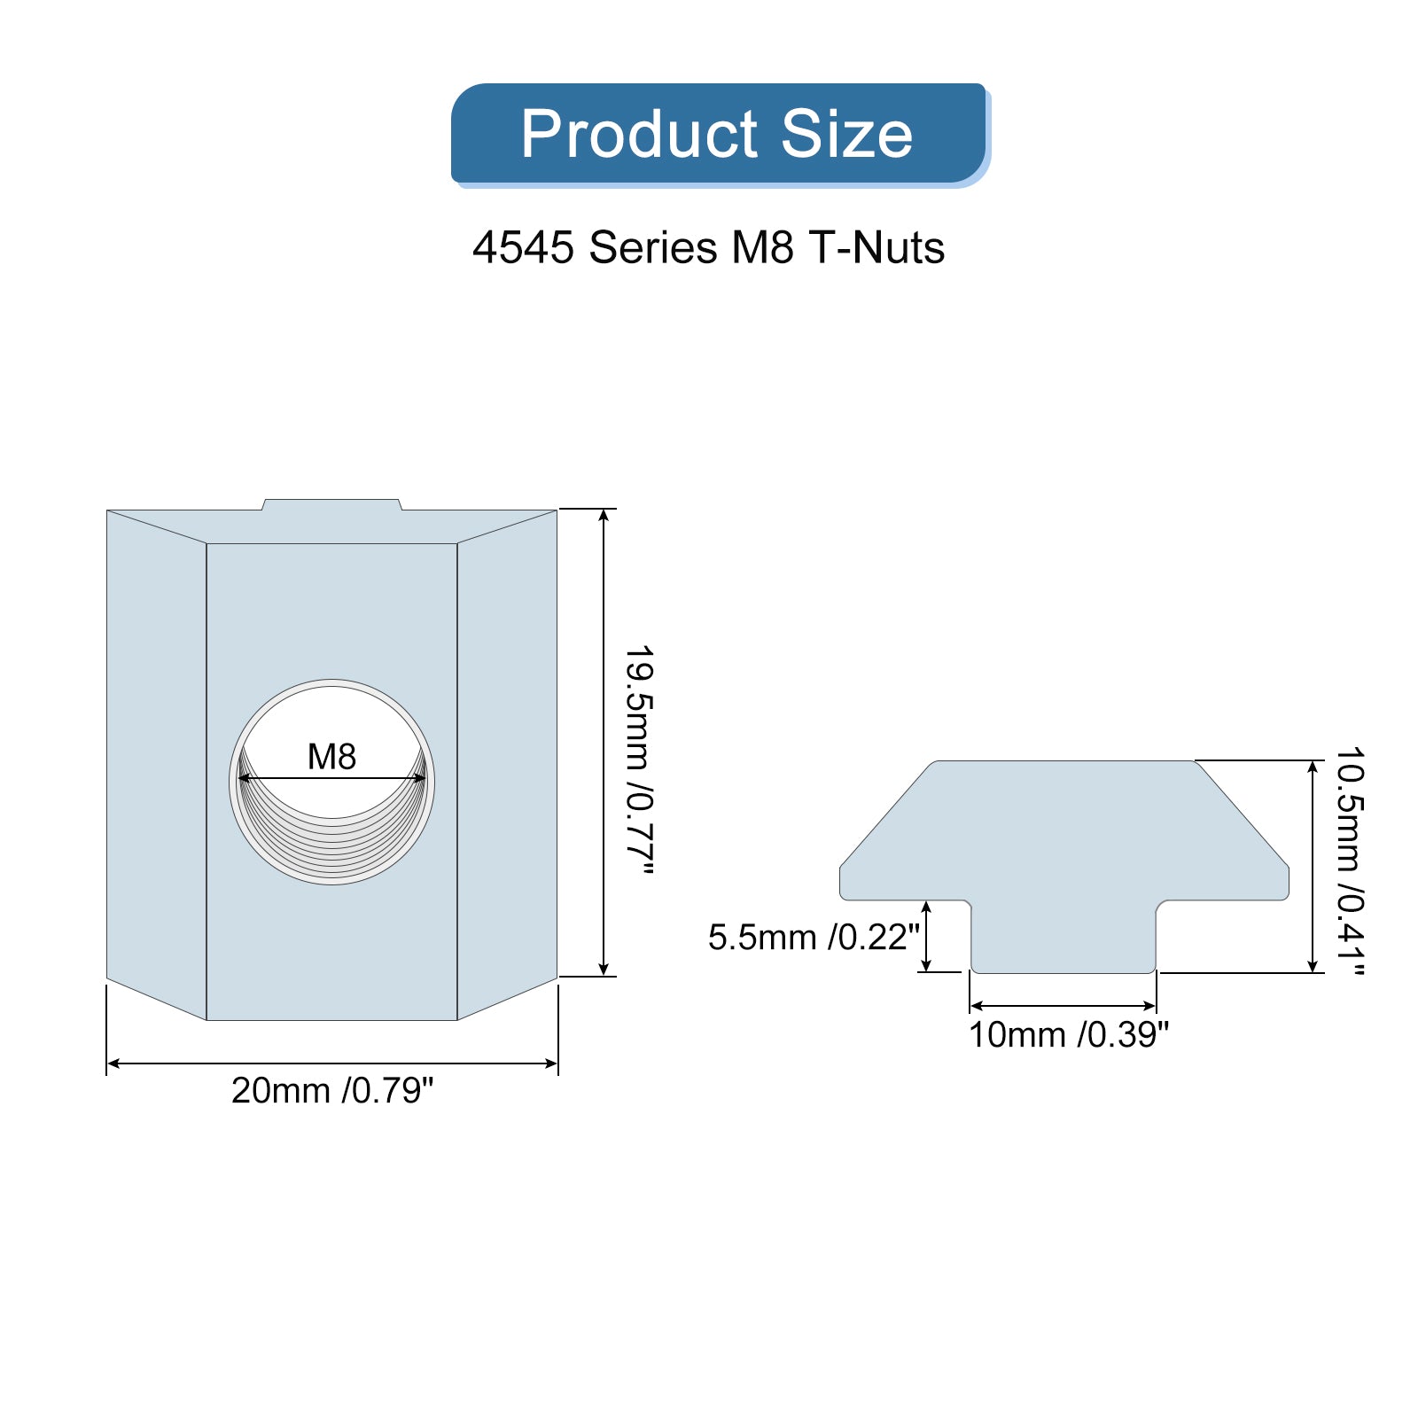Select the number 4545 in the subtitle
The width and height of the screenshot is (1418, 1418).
click(523, 247)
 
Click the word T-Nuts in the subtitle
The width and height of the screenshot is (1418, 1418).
click(876, 247)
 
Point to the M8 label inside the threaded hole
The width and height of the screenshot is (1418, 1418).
click(331, 757)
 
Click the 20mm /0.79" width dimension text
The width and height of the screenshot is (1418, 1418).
click(332, 1090)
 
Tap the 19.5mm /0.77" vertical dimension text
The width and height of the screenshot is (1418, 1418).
click(639, 761)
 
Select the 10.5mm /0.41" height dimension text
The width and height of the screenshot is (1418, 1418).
click(1350, 861)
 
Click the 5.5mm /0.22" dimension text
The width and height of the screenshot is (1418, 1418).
click(814, 937)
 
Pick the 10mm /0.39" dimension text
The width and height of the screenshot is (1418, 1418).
click(1069, 1034)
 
